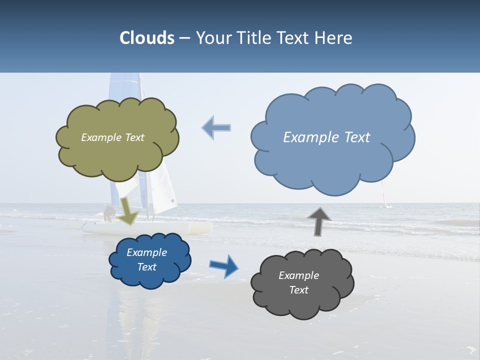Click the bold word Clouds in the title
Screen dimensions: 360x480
coord(147,38)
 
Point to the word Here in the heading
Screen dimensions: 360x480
coord(334,38)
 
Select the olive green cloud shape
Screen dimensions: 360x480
coord(117,155)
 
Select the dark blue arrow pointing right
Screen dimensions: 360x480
coord(224,265)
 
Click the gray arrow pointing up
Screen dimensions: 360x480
coord(319,220)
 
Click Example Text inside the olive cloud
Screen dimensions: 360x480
coord(112,137)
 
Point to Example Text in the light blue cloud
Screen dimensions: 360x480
coord(326,137)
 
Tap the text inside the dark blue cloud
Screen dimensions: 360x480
coord(147,259)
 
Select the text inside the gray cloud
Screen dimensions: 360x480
coord(298,282)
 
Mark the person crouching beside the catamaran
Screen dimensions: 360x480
coord(108,213)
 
